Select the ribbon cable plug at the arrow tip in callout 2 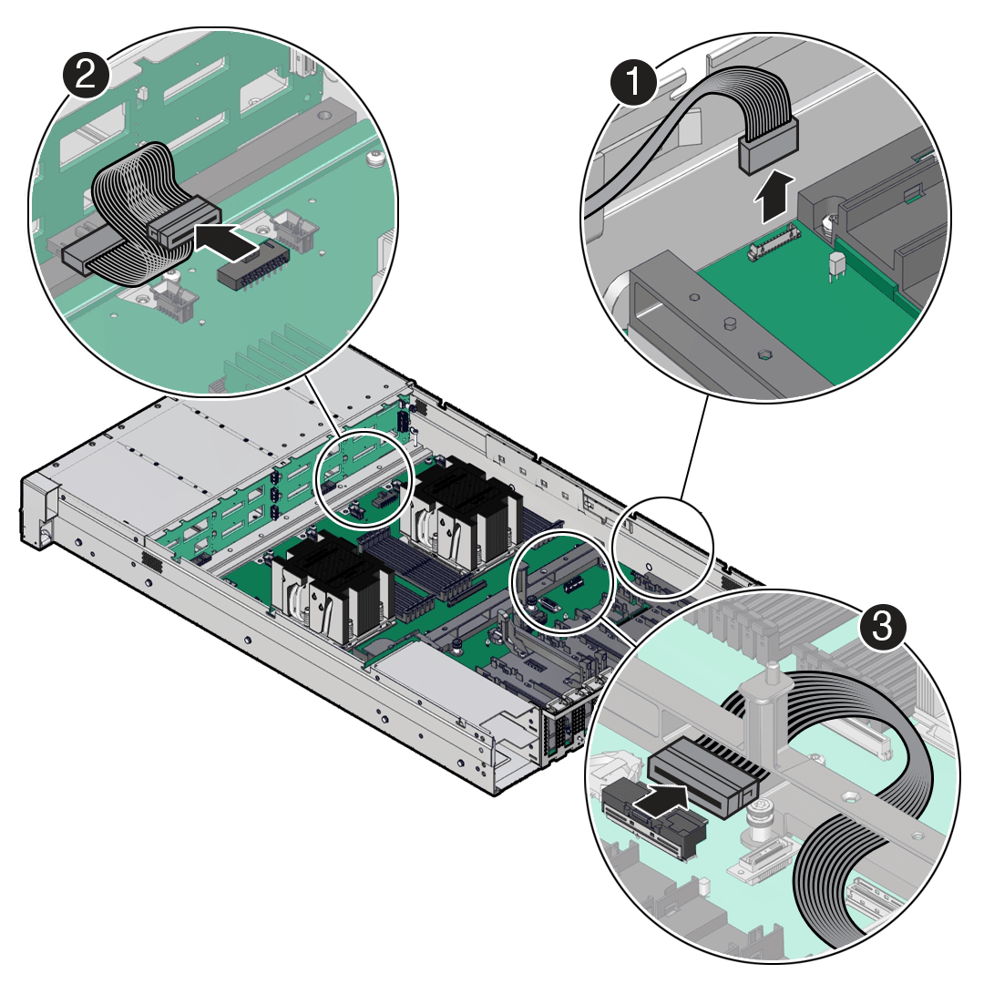182,225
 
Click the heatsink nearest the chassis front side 333,589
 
